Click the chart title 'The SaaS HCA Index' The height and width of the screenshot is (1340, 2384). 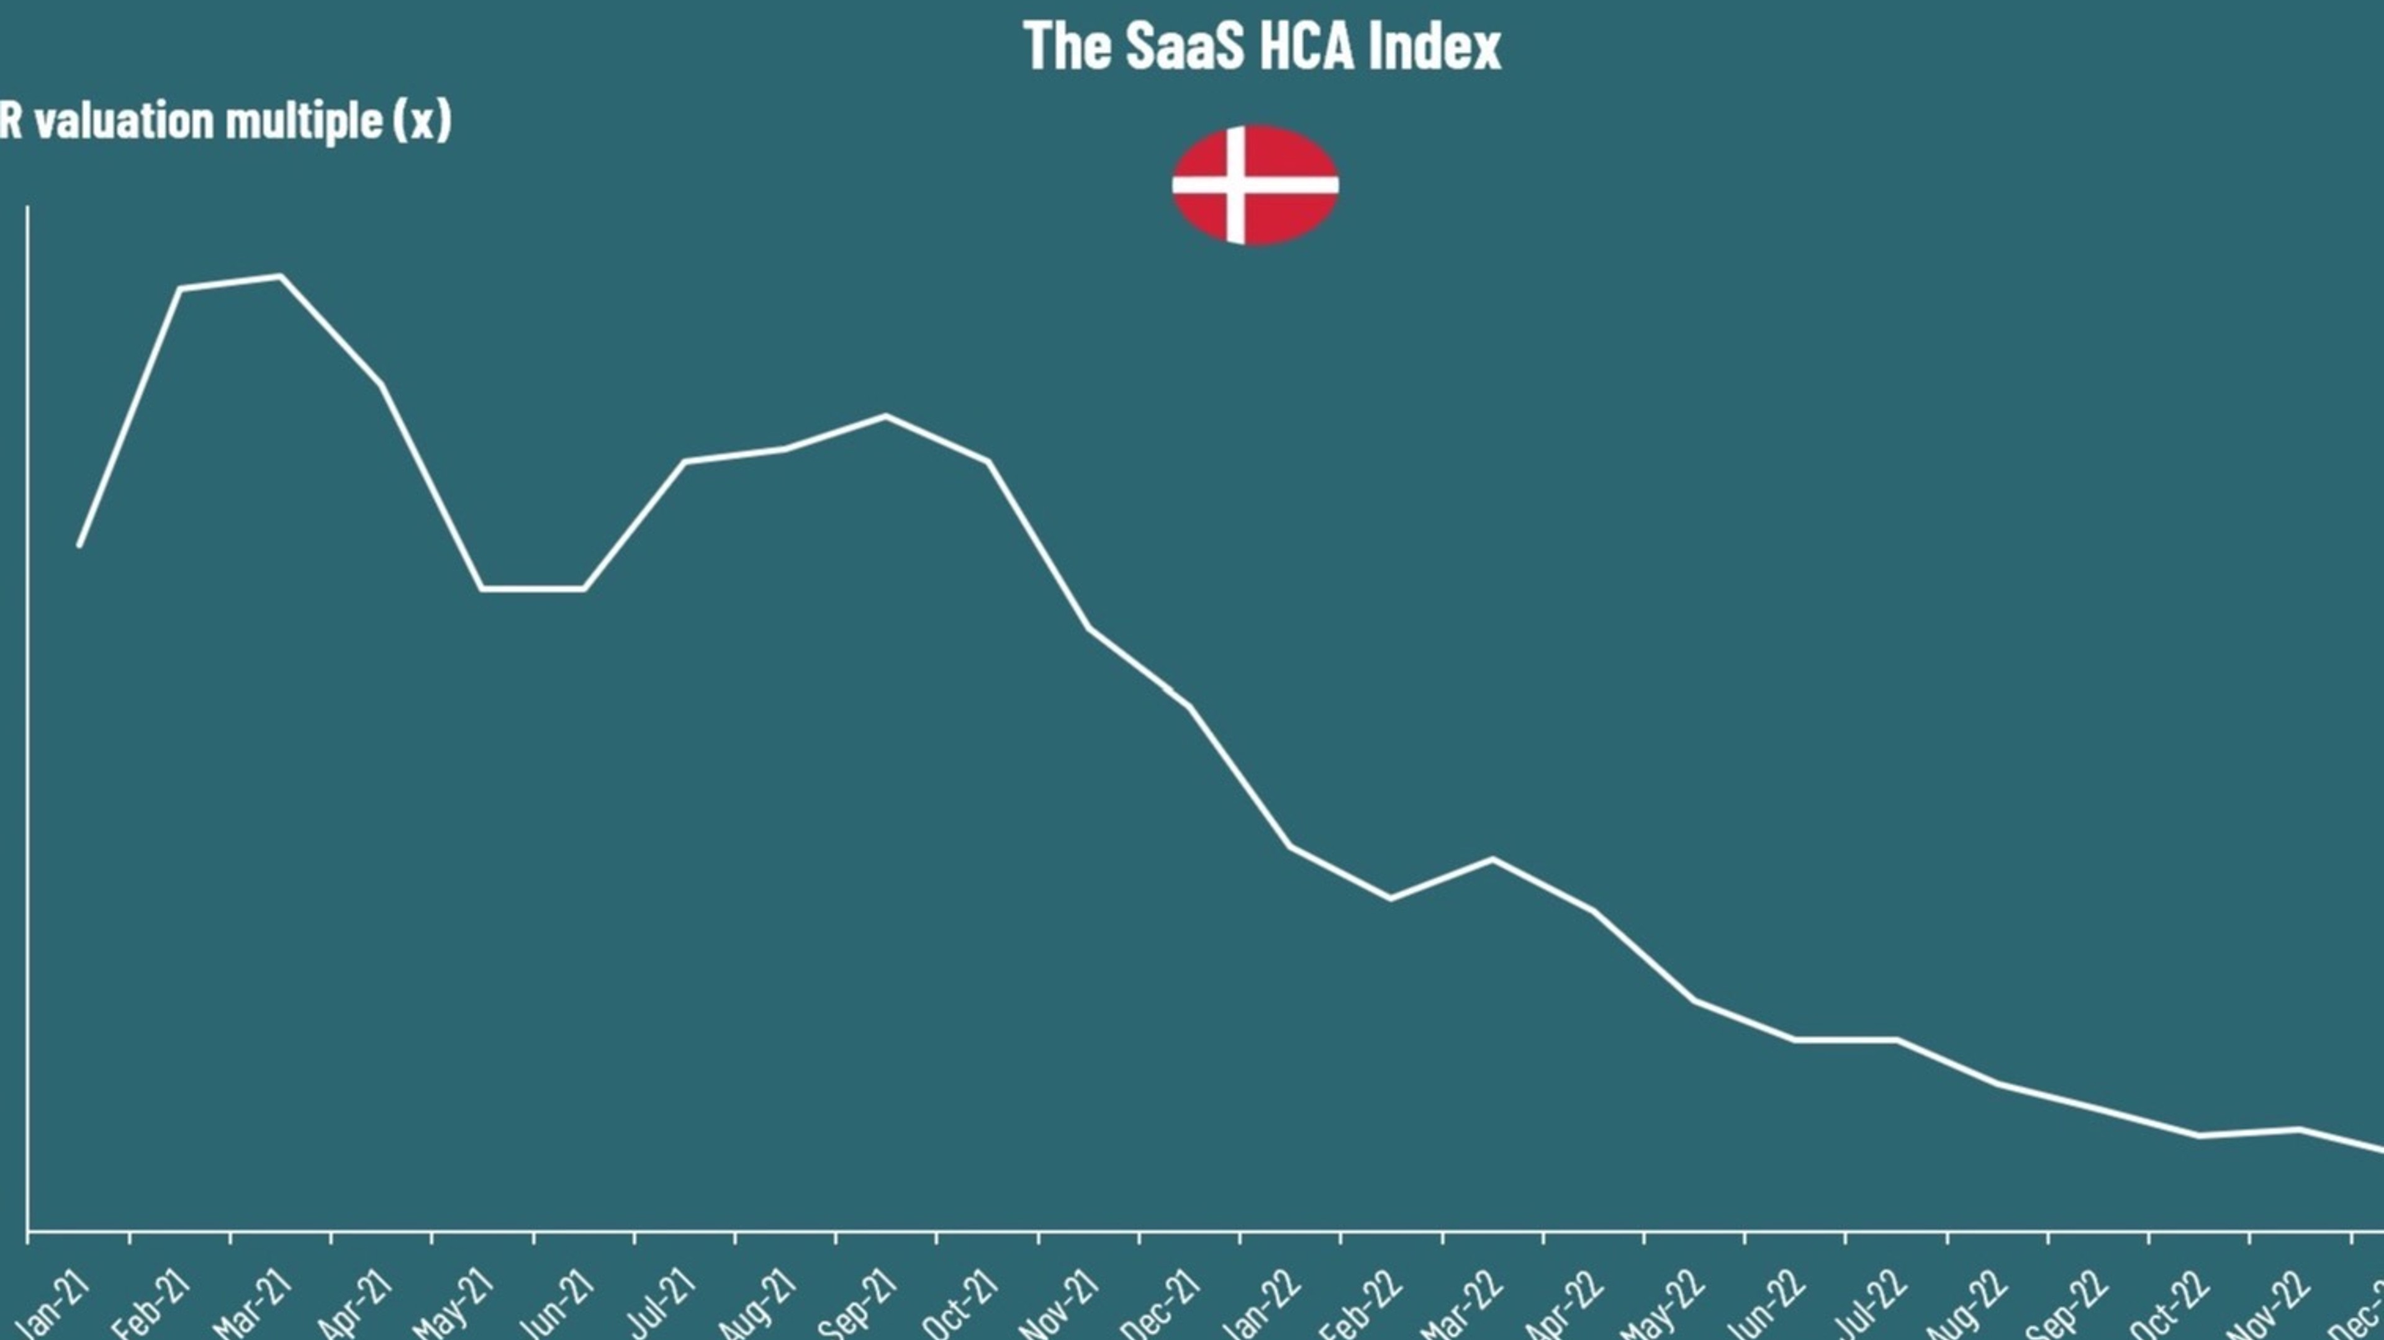coord(1262,47)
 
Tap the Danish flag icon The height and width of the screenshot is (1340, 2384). coord(1255,185)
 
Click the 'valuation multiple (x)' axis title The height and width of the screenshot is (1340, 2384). coord(226,121)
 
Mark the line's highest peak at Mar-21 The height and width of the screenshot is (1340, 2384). coord(281,276)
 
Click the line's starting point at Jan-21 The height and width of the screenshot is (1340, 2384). coord(79,545)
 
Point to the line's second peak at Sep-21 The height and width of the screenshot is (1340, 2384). coord(886,415)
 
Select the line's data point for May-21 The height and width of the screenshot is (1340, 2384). coord(482,588)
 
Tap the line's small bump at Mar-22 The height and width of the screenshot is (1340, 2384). coord(1492,859)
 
